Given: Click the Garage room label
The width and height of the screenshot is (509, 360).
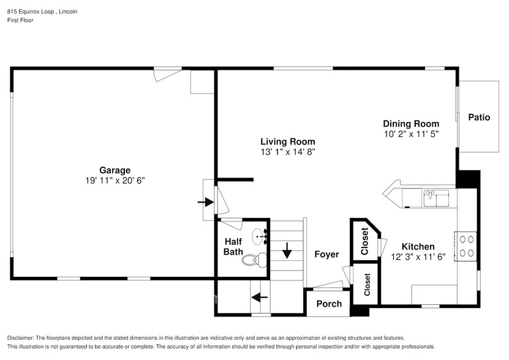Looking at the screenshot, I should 115,170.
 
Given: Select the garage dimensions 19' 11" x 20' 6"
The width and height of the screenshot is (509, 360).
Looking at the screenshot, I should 115,181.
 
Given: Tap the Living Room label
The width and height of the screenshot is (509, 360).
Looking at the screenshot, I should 288,141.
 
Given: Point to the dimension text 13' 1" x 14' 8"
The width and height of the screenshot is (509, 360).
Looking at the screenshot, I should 288,151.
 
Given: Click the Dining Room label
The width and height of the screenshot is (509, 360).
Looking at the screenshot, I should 411,123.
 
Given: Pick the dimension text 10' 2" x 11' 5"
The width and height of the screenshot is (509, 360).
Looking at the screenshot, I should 411,133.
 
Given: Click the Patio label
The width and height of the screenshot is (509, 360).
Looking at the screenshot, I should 479,118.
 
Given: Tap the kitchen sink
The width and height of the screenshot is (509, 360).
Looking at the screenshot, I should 436,198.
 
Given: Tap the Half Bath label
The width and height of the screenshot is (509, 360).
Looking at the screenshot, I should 233,247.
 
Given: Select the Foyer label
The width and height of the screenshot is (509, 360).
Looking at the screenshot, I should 326,254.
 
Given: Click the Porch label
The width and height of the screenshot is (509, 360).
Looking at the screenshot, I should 329,304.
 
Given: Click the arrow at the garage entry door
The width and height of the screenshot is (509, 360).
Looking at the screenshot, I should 204,201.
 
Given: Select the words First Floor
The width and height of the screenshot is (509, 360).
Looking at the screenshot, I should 20,20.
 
